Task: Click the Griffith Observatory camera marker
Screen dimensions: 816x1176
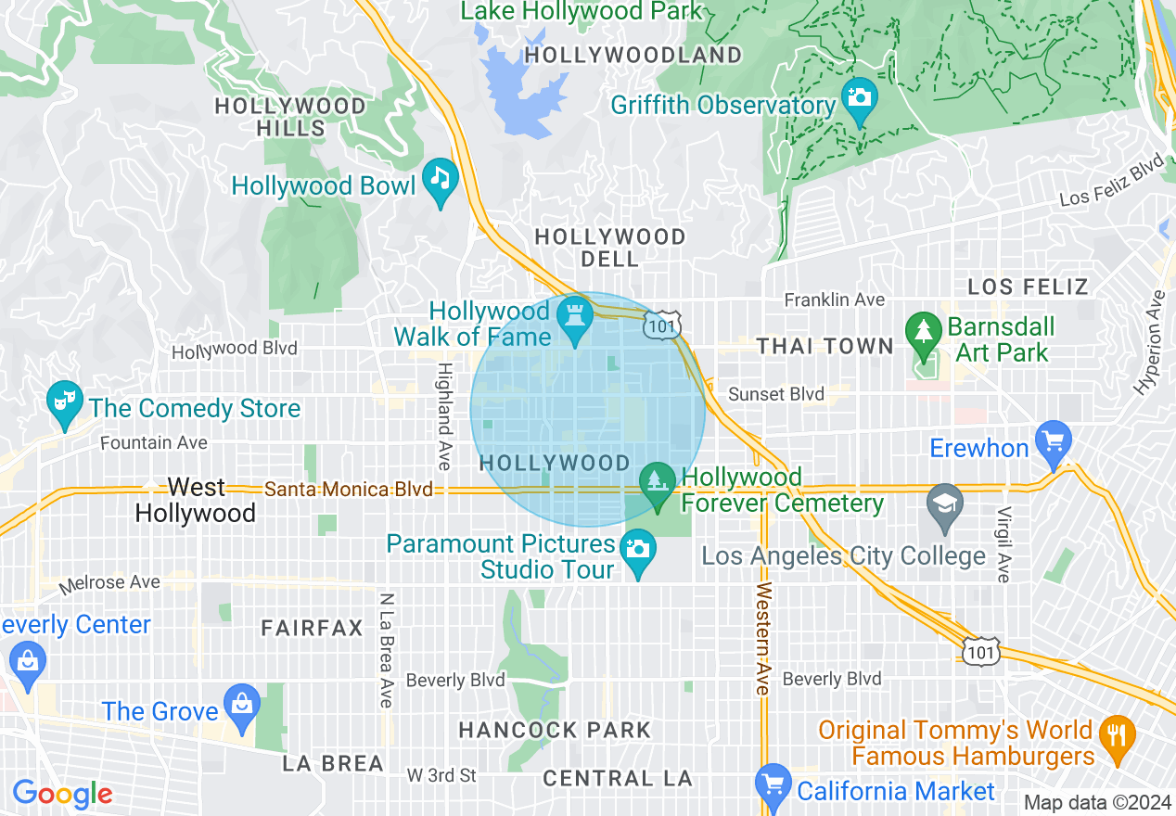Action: (x=859, y=97)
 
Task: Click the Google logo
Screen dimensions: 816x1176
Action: (x=62, y=794)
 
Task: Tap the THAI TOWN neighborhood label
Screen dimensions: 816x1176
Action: (x=824, y=347)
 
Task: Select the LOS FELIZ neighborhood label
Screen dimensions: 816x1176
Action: (x=1028, y=287)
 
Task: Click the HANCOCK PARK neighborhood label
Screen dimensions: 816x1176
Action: (x=555, y=731)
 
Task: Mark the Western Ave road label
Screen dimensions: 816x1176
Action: (x=762, y=639)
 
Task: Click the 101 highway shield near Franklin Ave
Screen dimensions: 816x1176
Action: (x=665, y=324)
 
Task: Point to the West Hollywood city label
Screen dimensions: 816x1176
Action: (x=196, y=500)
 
